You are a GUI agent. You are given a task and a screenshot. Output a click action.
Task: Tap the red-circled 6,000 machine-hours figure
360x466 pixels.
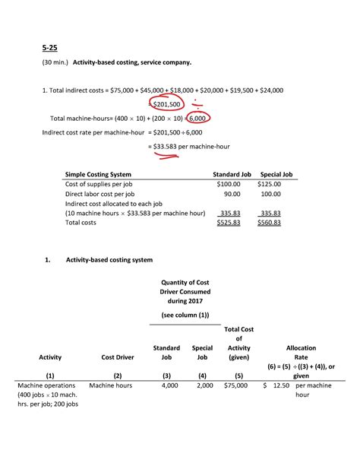tap(195, 118)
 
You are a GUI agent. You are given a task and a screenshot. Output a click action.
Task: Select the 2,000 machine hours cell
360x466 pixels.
tap(202, 386)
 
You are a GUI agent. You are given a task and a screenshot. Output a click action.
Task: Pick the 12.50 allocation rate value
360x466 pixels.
tap(280, 386)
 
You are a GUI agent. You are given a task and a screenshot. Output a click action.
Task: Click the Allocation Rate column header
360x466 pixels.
tap(302, 351)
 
